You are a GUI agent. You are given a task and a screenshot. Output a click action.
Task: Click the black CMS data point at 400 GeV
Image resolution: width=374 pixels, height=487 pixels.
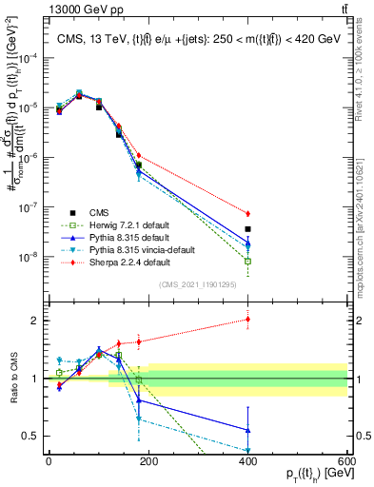coord(247,229)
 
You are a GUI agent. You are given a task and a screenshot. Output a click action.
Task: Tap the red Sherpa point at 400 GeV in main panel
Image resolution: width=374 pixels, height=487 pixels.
coord(247,214)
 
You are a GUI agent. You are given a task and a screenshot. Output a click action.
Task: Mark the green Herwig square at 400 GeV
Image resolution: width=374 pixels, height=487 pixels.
coord(247,261)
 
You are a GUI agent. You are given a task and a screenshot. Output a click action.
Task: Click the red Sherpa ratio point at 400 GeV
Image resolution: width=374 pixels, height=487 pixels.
coord(247,320)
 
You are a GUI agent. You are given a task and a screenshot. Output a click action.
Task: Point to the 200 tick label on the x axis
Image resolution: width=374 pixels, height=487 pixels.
coord(148,460)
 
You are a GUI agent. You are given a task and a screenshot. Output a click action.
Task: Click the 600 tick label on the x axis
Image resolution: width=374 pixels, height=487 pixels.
coord(346,460)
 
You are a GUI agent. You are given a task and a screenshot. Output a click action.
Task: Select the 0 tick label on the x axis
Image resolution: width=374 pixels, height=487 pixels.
coord(49,460)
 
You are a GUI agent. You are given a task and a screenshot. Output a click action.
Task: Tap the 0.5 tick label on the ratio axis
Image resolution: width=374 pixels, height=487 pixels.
coord(32,436)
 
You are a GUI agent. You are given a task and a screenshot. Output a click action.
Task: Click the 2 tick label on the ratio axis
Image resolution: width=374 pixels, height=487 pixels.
coord(36,321)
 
